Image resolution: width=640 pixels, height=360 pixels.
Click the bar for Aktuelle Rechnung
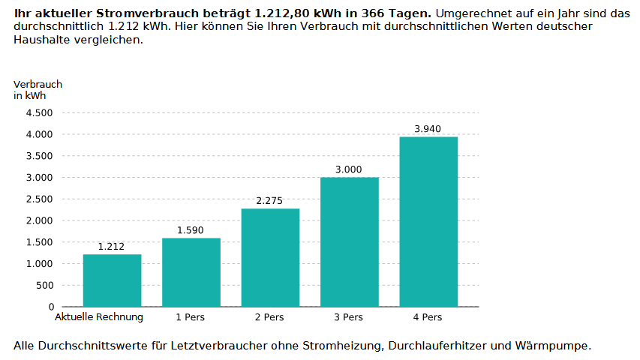[x=112, y=280]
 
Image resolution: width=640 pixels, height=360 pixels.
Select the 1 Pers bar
[x=191, y=272]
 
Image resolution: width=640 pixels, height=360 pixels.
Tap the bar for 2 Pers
[x=270, y=257]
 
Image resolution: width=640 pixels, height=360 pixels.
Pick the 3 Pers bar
[x=349, y=241]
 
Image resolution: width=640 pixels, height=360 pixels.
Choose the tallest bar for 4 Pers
[x=428, y=221]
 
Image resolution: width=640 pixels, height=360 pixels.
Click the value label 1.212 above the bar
[x=112, y=247]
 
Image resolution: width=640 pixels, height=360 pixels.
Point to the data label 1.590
[x=191, y=230]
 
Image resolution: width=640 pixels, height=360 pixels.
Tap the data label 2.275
[x=270, y=201]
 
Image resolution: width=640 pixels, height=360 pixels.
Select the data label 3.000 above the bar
[x=349, y=169]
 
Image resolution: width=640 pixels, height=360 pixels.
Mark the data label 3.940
[x=428, y=129]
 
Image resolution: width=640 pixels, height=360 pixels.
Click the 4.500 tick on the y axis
[x=40, y=113]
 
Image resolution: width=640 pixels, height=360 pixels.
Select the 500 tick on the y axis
[x=45, y=286]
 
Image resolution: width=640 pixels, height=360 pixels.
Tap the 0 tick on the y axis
[x=51, y=307]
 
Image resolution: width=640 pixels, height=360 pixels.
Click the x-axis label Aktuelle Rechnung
[x=99, y=317]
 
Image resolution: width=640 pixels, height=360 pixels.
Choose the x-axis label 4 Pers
[x=428, y=317]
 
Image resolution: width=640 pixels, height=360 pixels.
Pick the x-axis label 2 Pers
[x=269, y=317]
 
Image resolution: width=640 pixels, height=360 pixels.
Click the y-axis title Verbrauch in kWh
[x=38, y=90]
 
